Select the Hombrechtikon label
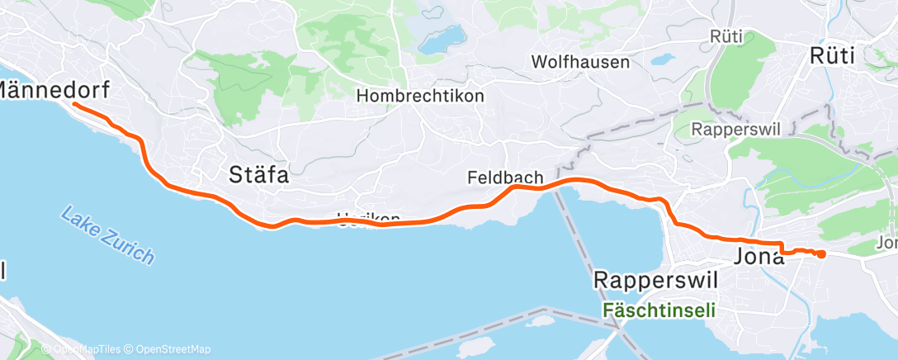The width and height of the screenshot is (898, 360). pyautogui.click(x=420, y=96)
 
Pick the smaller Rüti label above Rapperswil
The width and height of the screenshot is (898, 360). pyautogui.click(x=725, y=36)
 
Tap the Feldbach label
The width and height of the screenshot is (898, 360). pyautogui.click(x=504, y=177)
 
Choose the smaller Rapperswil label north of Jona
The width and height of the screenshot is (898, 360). pyautogui.click(x=730, y=129)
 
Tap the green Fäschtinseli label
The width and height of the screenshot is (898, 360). pyautogui.click(x=659, y=310)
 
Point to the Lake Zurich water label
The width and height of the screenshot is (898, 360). pyautogui.click(x=107, y=235)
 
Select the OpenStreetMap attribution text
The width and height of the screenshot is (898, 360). pyautogui.click(x=168, y=349)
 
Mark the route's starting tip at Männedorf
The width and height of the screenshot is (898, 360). pyautogui.click(x=74, y=104)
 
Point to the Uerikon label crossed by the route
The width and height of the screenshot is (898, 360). pyautogui.click(x=361, y=219)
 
